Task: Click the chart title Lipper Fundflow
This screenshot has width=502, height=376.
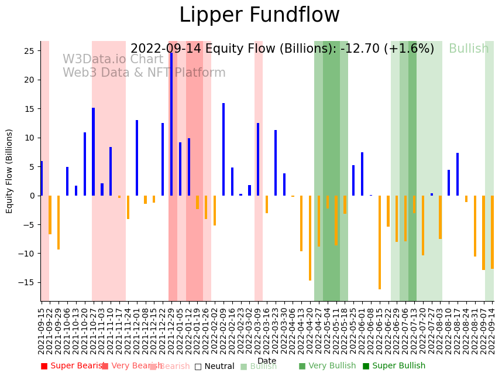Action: coord(259,16)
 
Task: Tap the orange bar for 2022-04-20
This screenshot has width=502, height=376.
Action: coord(310,238)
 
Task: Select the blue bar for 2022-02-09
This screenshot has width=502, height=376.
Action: coord(224,149)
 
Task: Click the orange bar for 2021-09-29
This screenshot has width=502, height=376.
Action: coord(59,223)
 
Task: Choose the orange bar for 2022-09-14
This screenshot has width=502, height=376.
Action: coord(492,232)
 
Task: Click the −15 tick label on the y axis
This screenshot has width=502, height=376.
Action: coord(27,282)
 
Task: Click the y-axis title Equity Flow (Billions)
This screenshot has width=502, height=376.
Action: coord(10,171)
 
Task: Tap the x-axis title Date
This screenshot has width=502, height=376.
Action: coord(267,361)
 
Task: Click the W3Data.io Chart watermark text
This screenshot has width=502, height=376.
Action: coord(113,60)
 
